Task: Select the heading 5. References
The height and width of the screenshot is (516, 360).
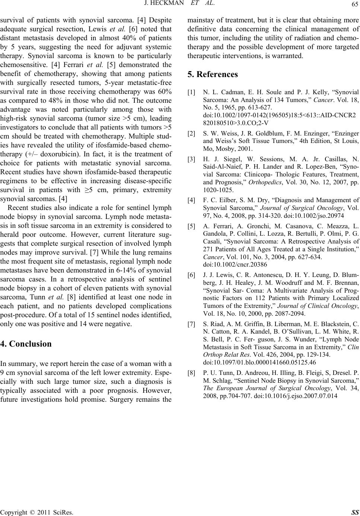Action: click(213, 74)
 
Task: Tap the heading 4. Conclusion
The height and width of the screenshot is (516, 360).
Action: click(26, 344)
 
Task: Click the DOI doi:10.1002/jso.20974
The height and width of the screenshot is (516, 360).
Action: click(312, 215)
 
